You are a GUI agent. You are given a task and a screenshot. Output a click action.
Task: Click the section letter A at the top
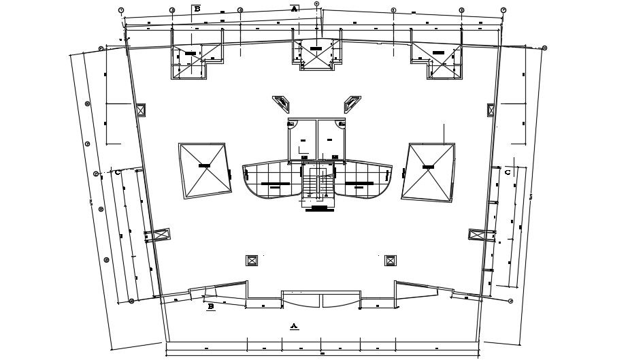click(x=294, y=9)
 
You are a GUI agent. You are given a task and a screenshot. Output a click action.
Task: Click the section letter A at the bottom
click(x=294, y=326)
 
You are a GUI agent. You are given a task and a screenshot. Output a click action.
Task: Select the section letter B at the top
click(x=197, y=9)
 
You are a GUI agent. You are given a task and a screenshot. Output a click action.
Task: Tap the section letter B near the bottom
click(x=211, y=307)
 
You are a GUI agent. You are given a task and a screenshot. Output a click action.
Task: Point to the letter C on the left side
click(x=118, y=172)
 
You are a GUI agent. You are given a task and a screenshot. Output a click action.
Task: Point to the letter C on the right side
click(x=508, y=172)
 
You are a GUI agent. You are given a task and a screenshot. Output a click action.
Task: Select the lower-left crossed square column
click(x=252, y=260)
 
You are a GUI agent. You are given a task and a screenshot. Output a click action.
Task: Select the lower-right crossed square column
click(x=390, y=260)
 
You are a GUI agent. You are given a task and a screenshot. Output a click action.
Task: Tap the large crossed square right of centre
click(x=428, y=171)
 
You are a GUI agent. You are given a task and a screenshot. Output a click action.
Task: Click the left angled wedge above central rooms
click(x=280, y=103)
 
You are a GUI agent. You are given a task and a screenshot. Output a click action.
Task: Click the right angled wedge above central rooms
click(x=352, y=103)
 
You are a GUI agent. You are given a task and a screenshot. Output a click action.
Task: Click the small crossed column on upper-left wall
click(x=141, y=110)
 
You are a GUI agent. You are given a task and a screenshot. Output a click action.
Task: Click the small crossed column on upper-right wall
click(x=491, y=110)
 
